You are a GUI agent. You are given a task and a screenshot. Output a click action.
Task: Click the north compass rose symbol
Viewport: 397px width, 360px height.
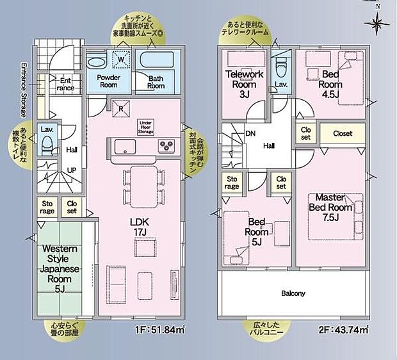(x=377, y=23)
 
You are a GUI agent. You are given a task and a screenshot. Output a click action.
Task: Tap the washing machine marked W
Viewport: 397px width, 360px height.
(x=120, y=60)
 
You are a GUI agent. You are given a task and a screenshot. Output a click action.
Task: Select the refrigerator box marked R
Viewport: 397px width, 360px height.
(x=119, y=107)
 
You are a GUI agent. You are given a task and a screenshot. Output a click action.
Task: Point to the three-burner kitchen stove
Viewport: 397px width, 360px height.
(x=168, y=145)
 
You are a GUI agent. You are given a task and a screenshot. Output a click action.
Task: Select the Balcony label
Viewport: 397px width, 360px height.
(x=293, y=293)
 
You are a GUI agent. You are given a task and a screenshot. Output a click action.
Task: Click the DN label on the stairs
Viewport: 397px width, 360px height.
(x=250, y=135)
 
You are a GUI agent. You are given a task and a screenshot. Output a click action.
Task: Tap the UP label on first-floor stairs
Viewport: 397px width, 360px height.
(x=72, y=170)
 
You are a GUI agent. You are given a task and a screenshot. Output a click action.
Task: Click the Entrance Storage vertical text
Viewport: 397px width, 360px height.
(x=24, y=90)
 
